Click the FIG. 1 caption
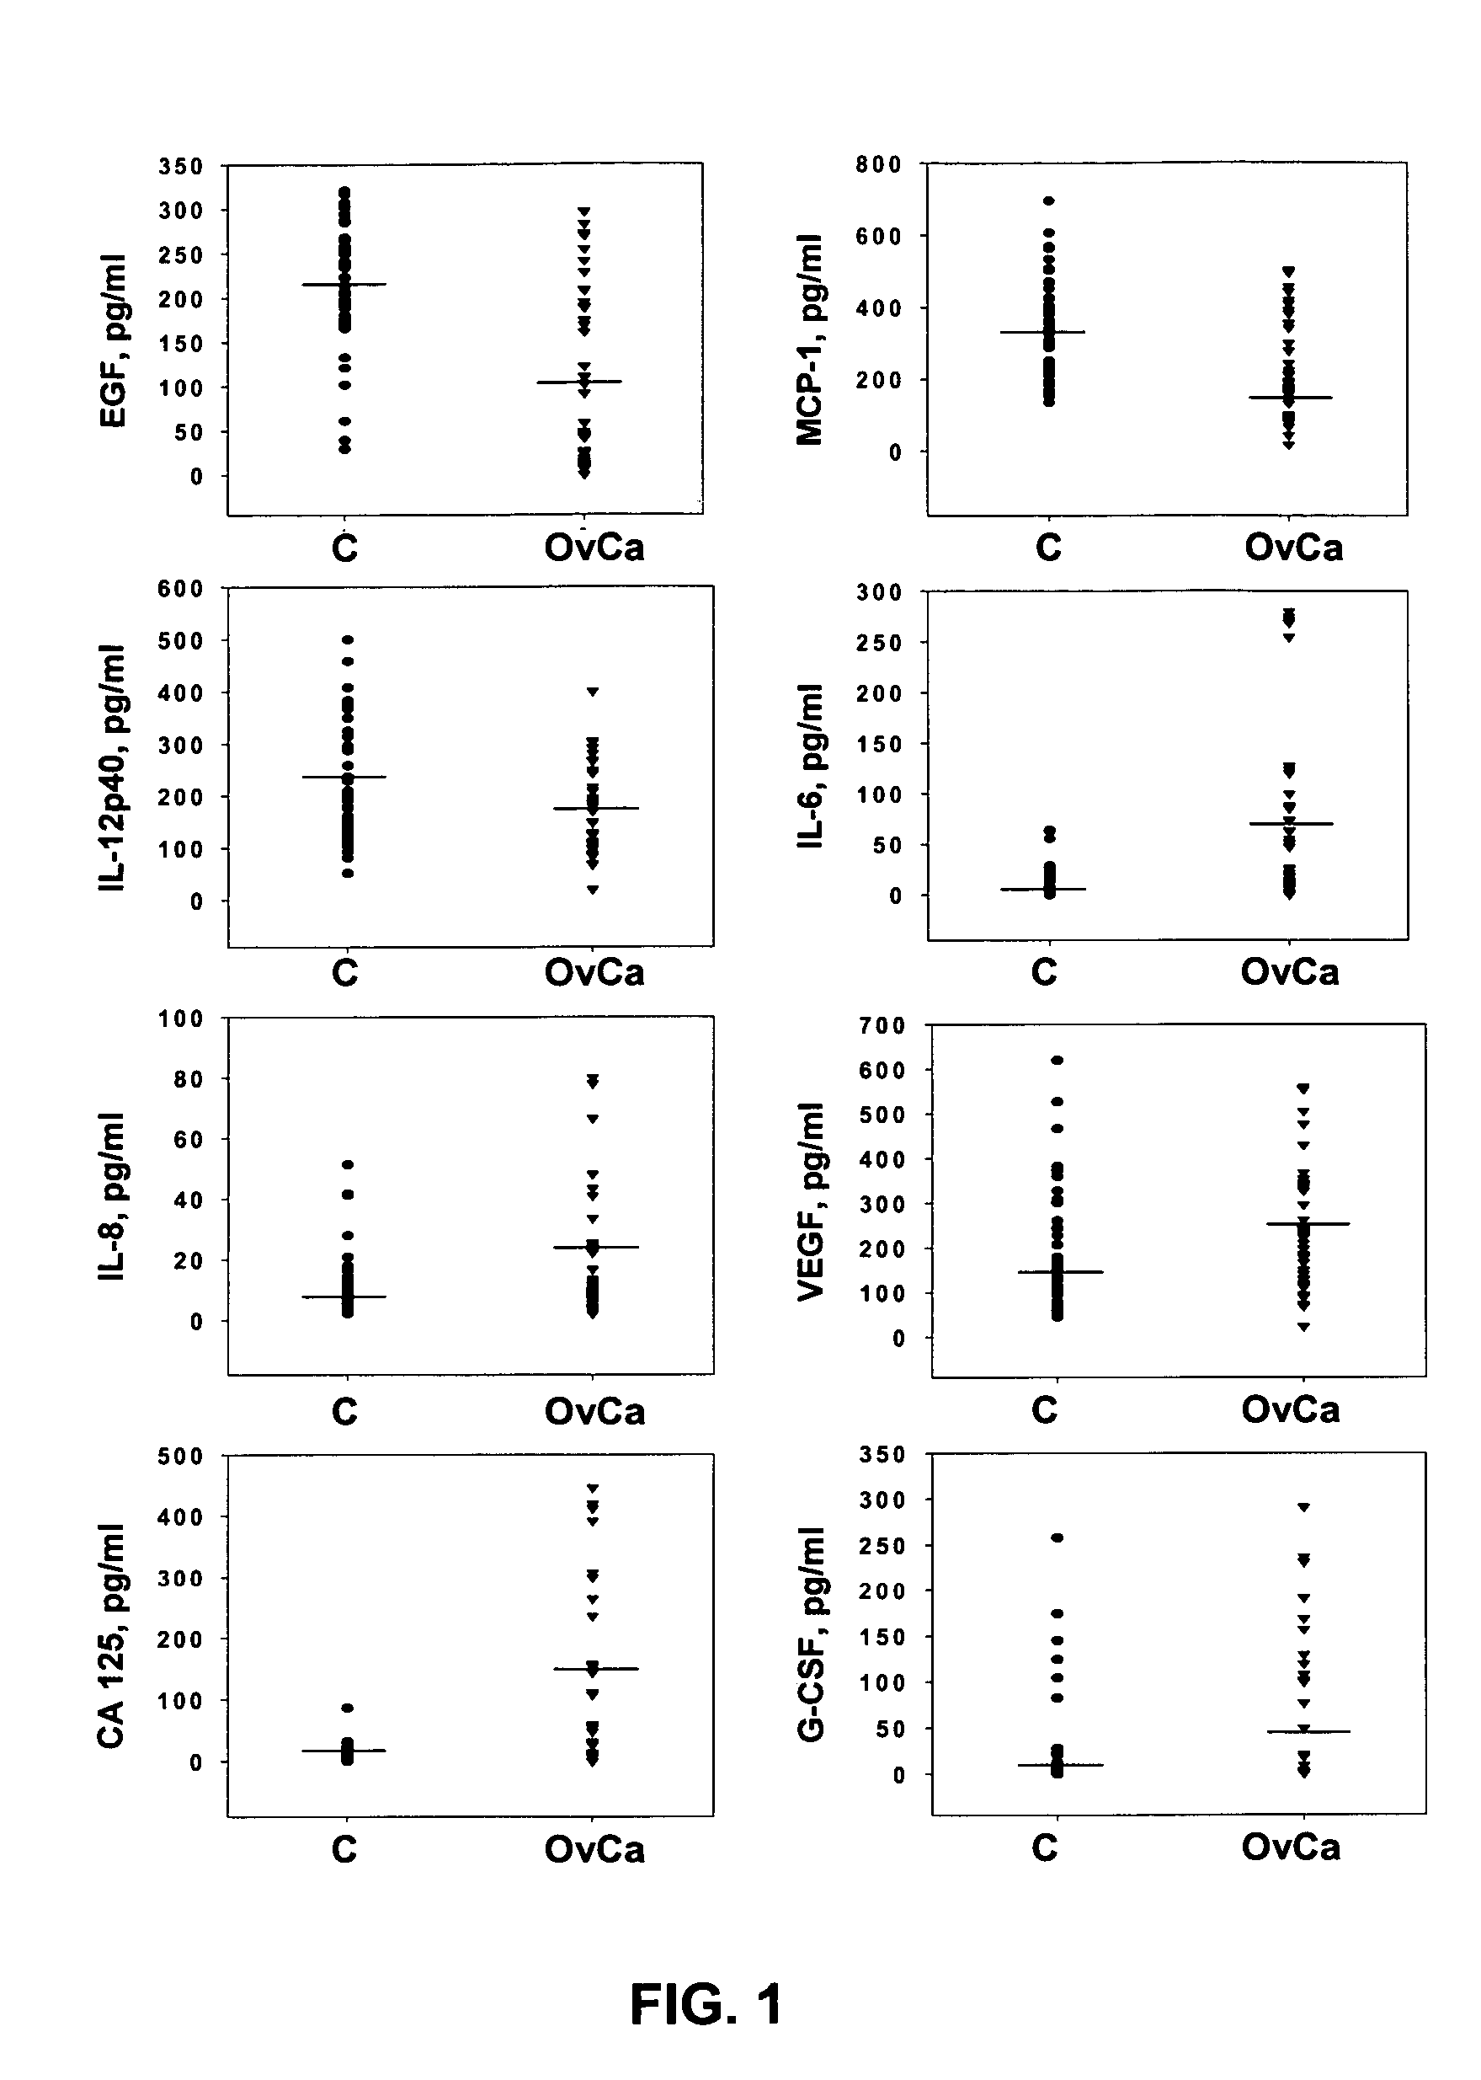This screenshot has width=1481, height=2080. [706, 2005]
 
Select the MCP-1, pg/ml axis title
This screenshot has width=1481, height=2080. [809, 340]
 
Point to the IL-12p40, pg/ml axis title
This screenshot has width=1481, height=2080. [112, 767]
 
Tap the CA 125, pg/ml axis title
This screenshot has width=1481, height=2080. [110, 1636]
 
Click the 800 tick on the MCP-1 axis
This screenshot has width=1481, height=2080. [878, 164]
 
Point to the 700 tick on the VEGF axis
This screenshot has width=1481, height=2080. [882, 1025]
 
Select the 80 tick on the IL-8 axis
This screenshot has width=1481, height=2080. [186, 1078]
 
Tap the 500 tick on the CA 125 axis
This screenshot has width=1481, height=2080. [180, 1456]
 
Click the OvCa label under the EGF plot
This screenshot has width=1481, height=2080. [594, 548]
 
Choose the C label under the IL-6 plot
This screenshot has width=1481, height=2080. [1044, 971]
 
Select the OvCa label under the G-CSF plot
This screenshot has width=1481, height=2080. [1291, 1847]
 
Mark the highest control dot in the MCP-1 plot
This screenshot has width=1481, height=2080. [1049, 201]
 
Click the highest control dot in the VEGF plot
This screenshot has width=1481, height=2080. [1057, 1060]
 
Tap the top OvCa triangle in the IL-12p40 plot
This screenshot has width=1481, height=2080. [593, 692]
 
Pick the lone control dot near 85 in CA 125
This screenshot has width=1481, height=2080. [348, 1708]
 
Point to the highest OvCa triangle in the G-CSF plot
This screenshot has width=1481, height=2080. [1304, 1507]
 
